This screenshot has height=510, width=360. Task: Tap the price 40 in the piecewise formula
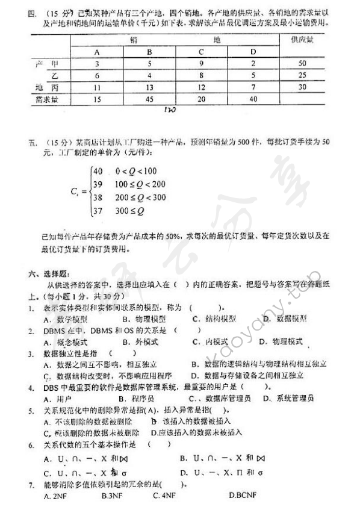coord(99,171)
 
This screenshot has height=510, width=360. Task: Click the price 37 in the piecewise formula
coord(99,211)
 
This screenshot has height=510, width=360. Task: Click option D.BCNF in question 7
coord(243,496)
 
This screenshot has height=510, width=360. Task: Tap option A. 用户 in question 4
coord(59,399)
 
